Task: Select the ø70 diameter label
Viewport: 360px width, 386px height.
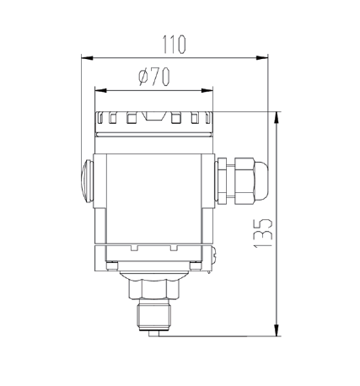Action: coord(153,76)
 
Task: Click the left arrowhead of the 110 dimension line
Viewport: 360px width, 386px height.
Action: coord(85,57)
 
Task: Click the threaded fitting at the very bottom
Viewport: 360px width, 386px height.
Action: coord(154,321)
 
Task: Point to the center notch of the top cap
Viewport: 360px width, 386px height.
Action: coord(153,116)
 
